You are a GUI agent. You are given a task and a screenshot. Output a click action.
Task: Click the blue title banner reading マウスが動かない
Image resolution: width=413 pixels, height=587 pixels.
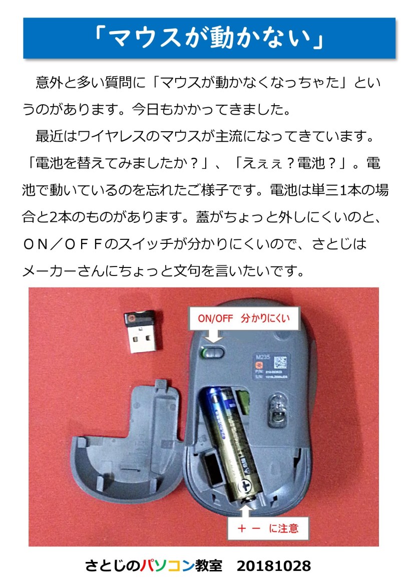[209, 38]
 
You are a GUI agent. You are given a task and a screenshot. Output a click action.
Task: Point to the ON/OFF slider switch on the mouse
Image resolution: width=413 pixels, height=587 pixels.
[212, 352]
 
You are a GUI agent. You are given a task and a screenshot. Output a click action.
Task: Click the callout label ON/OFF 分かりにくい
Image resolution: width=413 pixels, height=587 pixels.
[244, 318]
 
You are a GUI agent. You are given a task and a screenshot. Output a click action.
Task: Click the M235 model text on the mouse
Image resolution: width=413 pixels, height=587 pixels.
[262, 357]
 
